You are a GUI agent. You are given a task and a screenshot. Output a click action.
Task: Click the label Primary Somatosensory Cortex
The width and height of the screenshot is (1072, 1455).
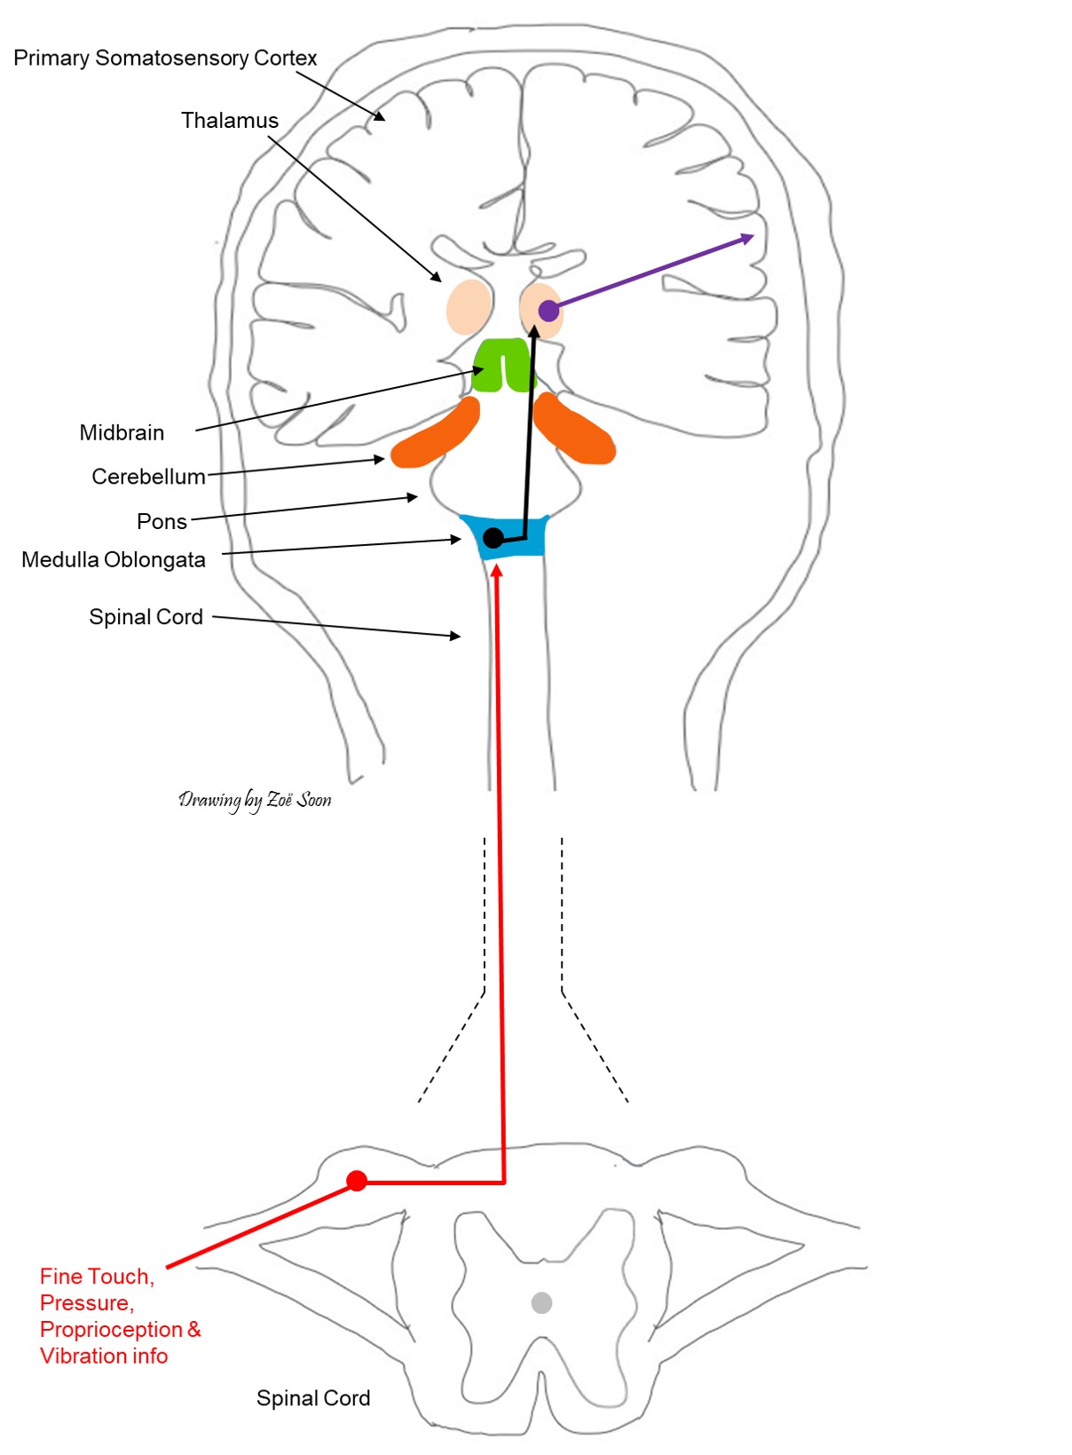click(165, 59)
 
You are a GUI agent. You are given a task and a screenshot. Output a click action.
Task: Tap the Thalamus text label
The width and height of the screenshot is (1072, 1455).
click(229, 121)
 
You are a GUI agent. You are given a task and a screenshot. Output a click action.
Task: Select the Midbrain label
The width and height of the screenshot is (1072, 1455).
click(122, 433)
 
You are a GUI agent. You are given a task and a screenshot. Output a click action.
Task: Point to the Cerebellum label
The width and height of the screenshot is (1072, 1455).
click(148, 477)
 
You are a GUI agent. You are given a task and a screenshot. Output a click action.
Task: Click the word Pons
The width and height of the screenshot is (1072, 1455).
click(162, 522)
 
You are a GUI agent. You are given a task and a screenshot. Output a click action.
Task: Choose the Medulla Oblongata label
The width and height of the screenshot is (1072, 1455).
click(114, 560)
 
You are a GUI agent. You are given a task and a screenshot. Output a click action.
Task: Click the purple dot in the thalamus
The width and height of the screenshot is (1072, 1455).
click(548, 311)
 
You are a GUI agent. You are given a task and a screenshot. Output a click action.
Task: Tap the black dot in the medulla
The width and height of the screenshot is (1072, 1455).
click(493, 538)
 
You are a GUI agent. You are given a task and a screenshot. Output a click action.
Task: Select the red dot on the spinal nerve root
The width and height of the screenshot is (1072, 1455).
click(357, 1181)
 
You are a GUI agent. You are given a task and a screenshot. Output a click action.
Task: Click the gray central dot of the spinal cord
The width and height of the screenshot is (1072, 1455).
click(541, 1302)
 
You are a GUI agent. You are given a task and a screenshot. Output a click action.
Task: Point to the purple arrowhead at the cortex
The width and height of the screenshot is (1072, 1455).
click(747, 238)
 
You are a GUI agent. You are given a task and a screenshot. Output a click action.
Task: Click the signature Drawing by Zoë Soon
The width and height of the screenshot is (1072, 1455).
click(255, 800)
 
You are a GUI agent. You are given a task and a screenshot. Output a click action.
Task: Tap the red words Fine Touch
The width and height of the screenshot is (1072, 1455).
click(97, 1277)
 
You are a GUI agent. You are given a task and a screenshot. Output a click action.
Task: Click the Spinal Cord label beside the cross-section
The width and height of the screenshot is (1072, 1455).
click(312, 1398)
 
